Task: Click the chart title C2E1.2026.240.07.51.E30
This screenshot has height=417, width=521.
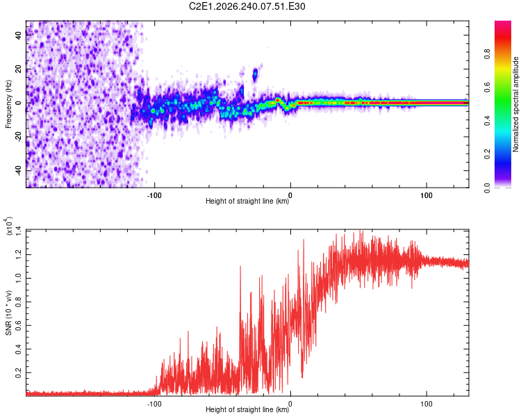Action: tap(247, 6)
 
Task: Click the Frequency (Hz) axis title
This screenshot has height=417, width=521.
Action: tap(8, 104)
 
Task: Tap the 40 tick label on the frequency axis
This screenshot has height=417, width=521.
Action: tap(18, 35)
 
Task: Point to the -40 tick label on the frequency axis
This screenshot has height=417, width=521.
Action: tap(18, 171)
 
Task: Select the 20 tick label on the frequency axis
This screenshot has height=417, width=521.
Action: tap(18, 69)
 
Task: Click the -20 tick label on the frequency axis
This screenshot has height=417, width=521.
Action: tap(18, 137)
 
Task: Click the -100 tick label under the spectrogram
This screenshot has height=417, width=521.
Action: tap(154, 195)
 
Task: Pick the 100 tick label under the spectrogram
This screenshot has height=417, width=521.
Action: tap(427, 195)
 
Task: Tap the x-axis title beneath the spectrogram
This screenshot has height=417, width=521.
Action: tap(247, 201)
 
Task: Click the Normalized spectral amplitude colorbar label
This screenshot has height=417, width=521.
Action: tap(515, 104)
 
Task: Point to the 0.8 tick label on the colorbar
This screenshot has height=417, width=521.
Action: tap(487, 54)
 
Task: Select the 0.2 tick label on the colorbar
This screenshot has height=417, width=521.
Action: tap(487, 154)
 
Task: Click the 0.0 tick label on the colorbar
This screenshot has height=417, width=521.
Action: tap(487, 188)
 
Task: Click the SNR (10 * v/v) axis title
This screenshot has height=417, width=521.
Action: tap(8, 313)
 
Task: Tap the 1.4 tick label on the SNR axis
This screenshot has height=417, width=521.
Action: tap(18, 231)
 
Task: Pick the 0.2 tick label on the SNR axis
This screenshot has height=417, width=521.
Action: tap(18, 373)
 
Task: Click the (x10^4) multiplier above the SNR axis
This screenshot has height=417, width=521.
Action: tap(8, 226)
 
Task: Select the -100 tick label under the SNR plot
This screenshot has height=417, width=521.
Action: tap(154, 404)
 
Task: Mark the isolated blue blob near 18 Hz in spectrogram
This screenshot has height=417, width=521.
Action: tap(255, 74)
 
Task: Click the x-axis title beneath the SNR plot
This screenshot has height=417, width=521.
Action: tap(247, 409)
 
